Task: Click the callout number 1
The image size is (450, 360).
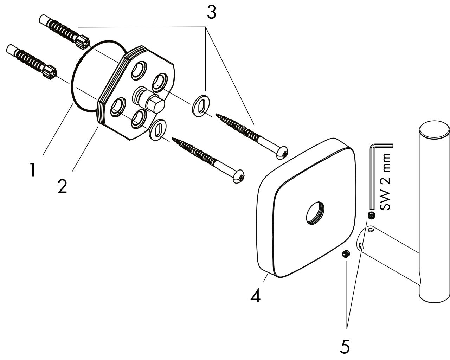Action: (x=32, y=170)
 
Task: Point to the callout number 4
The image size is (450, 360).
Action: (x=256, y=296)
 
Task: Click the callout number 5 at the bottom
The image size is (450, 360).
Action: (x=345, y=346)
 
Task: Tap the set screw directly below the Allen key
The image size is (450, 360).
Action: (x=370, y=215)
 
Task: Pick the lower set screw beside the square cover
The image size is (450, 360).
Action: (x=346, y=254)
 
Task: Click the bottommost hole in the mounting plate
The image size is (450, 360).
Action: (x=139, y=119)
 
